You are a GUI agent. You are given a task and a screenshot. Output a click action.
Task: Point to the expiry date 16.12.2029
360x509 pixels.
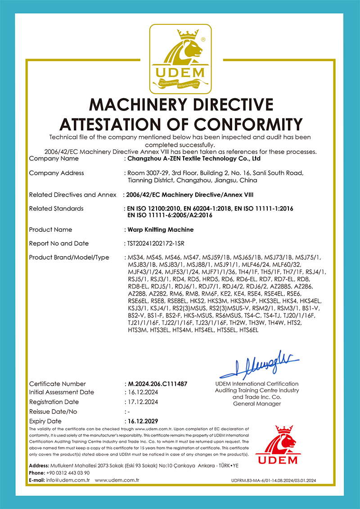[144, 421]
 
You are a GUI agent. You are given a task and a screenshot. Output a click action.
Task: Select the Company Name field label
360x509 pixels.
[54, 158]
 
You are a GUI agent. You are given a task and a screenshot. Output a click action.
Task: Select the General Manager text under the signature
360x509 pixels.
[257, 404]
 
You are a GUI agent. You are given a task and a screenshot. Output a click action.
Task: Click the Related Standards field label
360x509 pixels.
[56, 209]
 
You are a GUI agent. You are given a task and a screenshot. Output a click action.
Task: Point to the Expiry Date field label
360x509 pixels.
[45, 421]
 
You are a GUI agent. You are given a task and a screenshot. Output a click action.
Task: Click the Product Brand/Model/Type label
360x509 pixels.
[69, 257]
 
